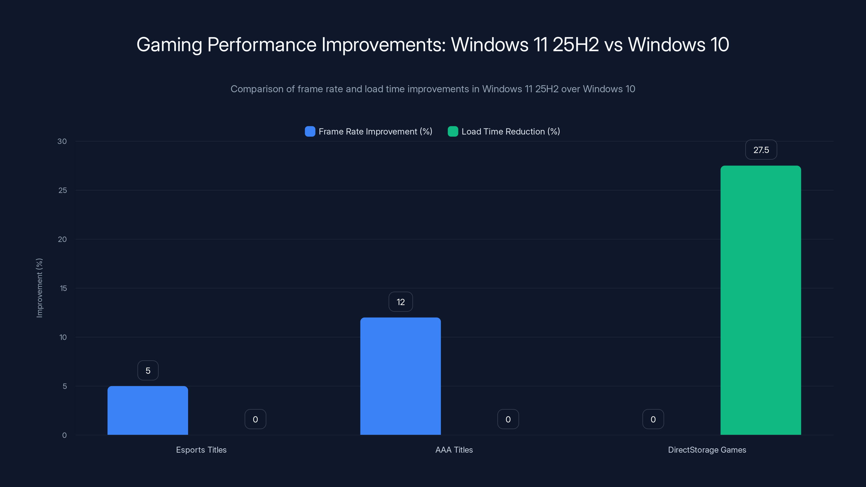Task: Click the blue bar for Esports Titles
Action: click(147, 410)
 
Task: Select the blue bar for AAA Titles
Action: click(401, 376)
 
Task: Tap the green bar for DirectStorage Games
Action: click(760, 300)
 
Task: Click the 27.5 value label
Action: click(761, 150)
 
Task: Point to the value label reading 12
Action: click(401, 302)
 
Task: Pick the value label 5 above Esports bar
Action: click(148, 370)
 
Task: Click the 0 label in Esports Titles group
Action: click(255, 419)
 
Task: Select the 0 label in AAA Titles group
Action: click(508, 419)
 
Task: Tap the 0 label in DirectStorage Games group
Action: click(653, 419)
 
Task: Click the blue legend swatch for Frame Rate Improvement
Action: click(310, 131)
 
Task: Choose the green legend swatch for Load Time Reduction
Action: click(453, 131)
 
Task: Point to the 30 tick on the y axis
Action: click(62, 141)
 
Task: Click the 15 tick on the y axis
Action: click(63, 288)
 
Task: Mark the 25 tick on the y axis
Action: click(63, 190)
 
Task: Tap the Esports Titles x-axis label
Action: click(201, 450)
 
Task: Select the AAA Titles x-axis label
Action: click(454, 450)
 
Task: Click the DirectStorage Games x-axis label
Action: click(707, 450)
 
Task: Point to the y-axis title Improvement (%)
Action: click(39, 288)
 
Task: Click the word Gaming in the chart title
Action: click(169, 45)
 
